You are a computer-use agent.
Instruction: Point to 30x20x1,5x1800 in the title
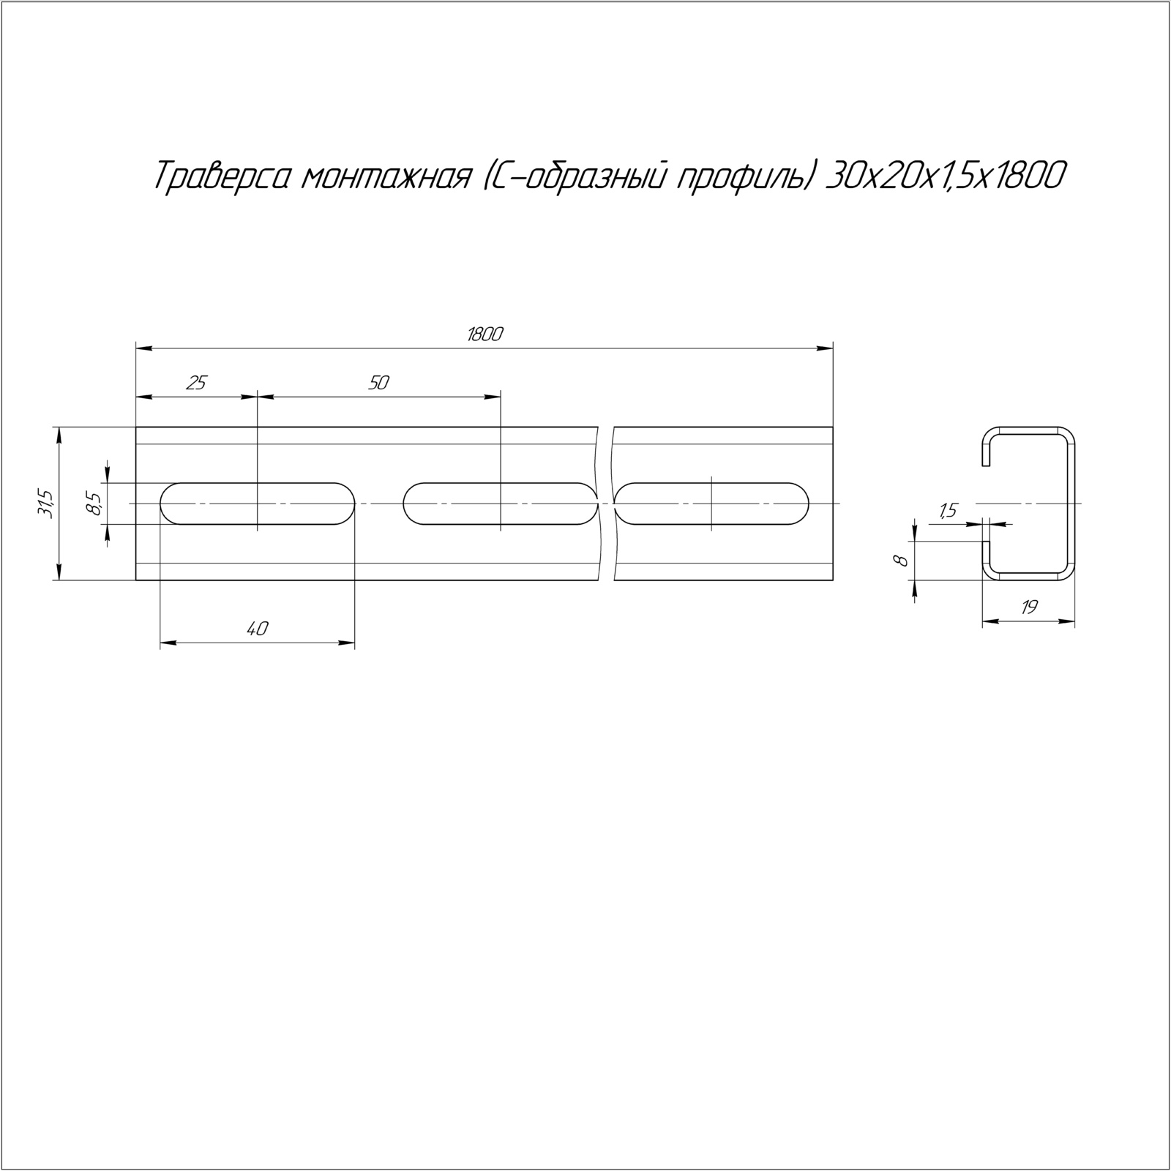[943, 177]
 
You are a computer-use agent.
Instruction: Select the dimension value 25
[196, 382]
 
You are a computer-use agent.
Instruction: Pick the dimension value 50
[378, 382]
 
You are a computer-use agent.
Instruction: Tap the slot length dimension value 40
[258, 628]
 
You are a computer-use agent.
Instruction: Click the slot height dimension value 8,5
[93, 504]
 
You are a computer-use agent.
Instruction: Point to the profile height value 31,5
[45, 504]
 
